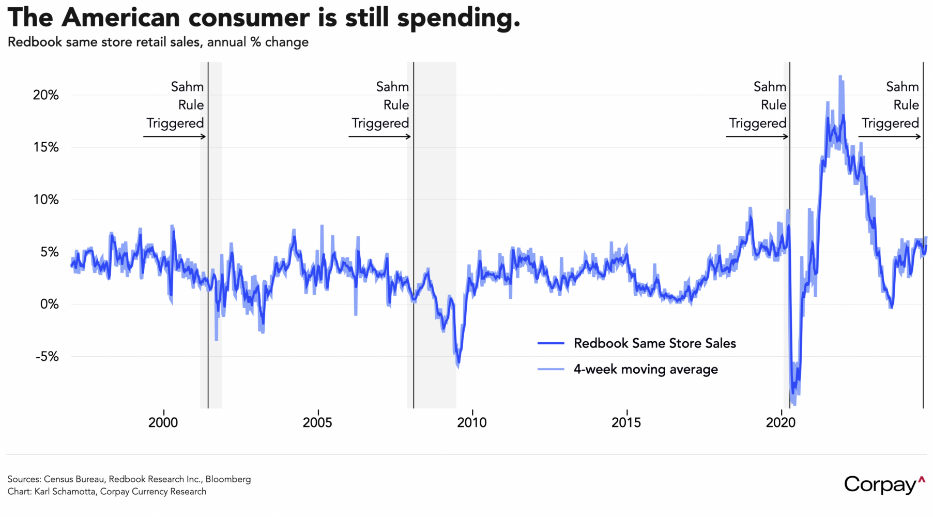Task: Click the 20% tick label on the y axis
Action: [46, 95]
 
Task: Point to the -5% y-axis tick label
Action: [47, 357]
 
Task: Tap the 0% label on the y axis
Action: [50, 304]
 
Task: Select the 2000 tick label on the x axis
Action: [163, 422]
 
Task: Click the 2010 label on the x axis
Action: [471, 422]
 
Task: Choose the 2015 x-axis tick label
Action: [626, 422]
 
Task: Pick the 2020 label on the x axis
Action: [781, 422]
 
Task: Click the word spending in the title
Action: [458, 18]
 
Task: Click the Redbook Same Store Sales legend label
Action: [654, 343]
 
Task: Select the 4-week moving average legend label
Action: [646, 369]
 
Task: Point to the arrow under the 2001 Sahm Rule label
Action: [175, 136]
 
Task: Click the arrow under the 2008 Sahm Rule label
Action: [380, 136]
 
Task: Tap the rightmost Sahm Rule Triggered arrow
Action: [890, 136]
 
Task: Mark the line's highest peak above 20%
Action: [840, 77]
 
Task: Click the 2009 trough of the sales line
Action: [458, 366]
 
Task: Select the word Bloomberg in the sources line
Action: [228, 479]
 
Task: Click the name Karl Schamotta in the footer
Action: [65, 491]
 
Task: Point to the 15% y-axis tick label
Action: [46, 147]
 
